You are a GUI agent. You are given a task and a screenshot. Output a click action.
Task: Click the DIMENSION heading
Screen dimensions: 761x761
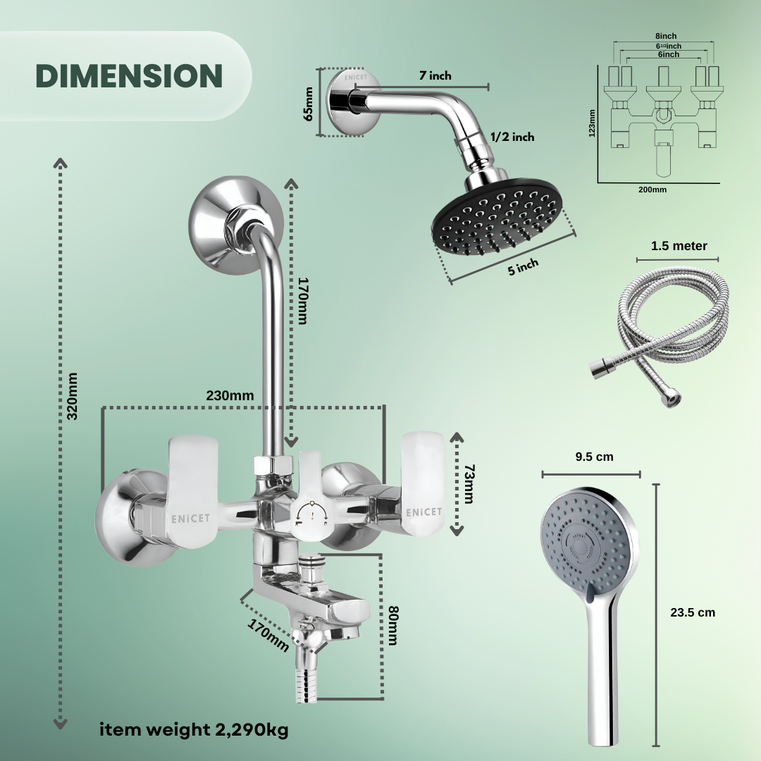[129, 76]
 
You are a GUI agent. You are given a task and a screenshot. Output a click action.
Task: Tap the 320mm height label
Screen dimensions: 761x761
[72, 396]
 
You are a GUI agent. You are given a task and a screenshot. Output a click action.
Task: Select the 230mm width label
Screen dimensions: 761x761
[230, 395]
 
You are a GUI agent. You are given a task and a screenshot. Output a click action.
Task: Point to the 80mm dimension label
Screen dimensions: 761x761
[393, 625]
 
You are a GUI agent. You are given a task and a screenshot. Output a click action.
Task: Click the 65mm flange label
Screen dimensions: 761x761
[309, 103]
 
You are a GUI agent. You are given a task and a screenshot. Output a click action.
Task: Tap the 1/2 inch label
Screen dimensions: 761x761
[512, 137]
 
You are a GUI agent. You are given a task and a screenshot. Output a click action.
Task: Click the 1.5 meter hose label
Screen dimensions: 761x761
[679, 246]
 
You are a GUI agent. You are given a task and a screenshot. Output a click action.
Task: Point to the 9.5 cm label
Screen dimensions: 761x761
[594, 457]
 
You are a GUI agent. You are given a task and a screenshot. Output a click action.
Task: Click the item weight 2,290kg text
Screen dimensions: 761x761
[194, 730]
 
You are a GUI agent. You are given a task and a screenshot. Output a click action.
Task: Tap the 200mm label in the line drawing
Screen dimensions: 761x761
[652, 189]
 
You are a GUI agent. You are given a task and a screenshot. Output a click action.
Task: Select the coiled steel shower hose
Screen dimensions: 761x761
[659, 324]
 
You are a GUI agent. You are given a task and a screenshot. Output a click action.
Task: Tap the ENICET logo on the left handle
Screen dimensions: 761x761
[190, 518]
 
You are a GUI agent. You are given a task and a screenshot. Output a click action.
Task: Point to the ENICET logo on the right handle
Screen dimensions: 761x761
[423, 511]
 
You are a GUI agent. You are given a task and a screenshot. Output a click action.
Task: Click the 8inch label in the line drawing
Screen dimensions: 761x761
[665, 35]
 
